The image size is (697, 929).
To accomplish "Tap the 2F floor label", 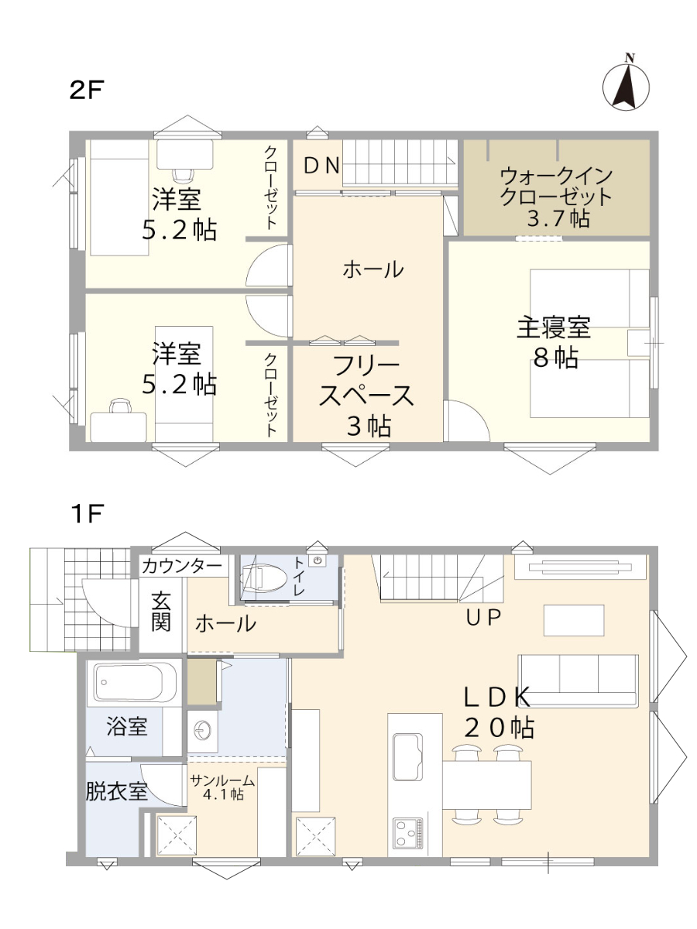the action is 87,90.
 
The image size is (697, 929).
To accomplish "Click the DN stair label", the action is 322,166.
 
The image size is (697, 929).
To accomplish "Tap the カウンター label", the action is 183,566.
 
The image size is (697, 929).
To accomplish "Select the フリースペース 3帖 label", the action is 366,396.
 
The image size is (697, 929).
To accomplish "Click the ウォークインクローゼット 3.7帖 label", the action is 556,197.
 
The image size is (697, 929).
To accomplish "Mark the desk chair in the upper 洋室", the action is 184,174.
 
